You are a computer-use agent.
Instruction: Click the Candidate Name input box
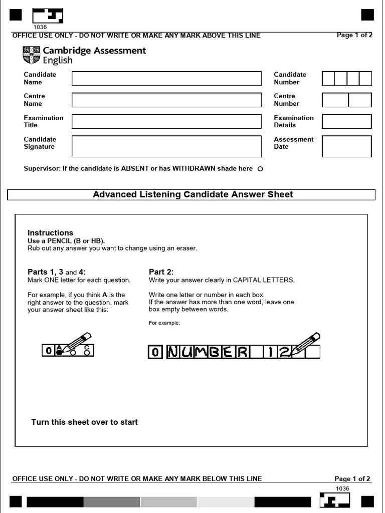coord(166,79)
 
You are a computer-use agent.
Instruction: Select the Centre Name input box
coord(166,100)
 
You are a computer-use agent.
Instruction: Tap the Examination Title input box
coord(166,121)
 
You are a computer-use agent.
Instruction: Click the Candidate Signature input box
coord(166,146)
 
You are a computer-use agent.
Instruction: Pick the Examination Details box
coord(346,121)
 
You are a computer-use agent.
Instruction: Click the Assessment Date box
coord(346,146)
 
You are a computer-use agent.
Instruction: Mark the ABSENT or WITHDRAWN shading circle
coord(260,169)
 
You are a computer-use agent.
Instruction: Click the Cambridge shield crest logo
coord(31,55)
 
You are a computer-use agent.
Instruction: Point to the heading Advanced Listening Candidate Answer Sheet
coord(192,194)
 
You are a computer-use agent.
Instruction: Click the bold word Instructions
coord(50,233)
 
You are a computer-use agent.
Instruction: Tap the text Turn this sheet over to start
coord(84,422)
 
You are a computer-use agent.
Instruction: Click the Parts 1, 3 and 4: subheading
coord(57,272)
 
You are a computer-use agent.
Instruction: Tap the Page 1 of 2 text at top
coord(355,36)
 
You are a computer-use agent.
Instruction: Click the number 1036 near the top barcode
coord(40,27)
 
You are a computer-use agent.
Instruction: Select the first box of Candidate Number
coord(328,79)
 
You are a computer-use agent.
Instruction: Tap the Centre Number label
coord(286,100)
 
